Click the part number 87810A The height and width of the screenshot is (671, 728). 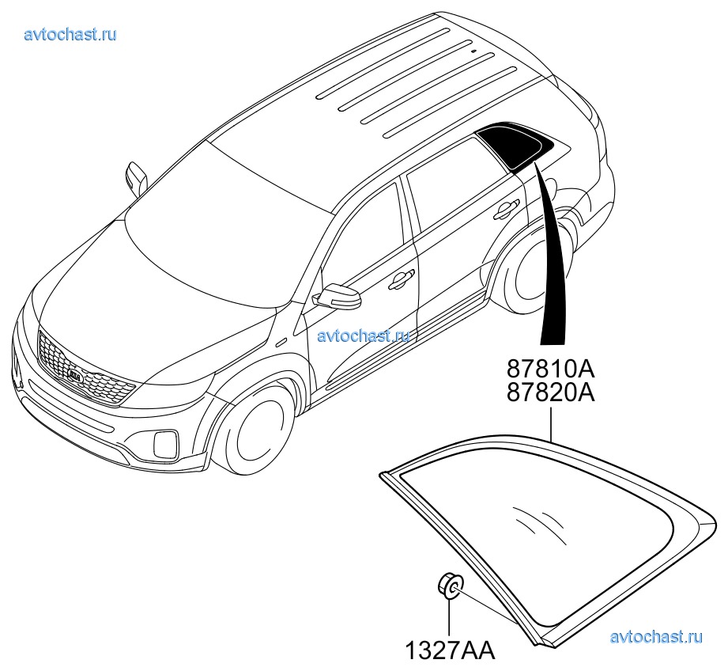click(x=550, y=370)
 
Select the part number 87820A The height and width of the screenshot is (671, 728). click(x=550, y=392)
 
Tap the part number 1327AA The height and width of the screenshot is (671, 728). click(x=451, y=650)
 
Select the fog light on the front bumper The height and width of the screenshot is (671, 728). click(x=165, y=443)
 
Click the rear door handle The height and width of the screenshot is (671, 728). click(x=504, y=209)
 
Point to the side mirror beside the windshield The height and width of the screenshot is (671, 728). click(x=136, y=178)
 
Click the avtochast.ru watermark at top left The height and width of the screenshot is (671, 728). click(x=70, y=34)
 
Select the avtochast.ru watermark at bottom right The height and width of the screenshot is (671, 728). click(x=656, y=637)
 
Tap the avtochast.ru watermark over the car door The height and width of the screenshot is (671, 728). click(x=364, y=335)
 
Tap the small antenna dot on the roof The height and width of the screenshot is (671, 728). click(x=473, y=51)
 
